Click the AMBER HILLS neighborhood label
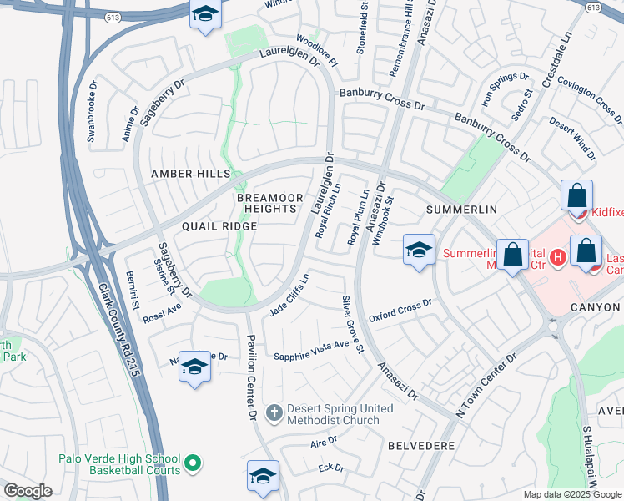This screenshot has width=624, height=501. click(189, 174)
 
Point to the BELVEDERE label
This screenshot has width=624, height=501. click(421, 446)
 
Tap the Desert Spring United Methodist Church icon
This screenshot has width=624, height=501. click(274, 412)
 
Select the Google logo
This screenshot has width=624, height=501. click(28, 490)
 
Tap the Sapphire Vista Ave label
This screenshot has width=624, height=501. click(312, 351)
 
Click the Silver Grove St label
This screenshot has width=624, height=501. click(352, 323)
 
